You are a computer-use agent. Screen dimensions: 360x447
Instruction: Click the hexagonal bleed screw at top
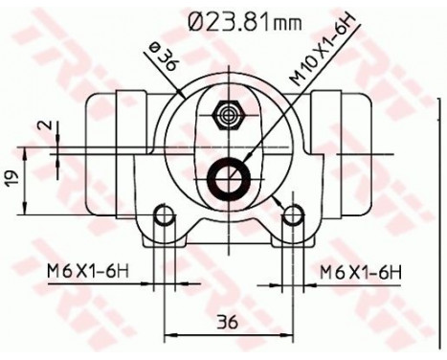pos(228,115)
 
